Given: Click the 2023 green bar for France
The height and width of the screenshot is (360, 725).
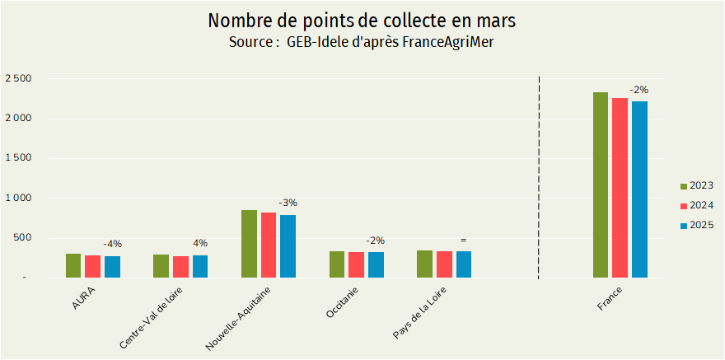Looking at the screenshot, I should point(601,185).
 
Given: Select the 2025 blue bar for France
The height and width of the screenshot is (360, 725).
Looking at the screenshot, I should point(639,189).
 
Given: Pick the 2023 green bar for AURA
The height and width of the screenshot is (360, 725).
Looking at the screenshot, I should point(73,265).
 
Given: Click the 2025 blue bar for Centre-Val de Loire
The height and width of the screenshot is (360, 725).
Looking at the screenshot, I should point(200,266).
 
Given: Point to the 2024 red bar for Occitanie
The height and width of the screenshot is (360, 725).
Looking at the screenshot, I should point(356,264).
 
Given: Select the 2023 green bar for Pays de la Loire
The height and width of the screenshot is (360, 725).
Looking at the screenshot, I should point(424,264).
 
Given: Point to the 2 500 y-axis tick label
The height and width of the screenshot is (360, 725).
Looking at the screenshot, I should point(17,79).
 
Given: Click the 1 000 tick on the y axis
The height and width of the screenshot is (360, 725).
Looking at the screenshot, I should point(17,199).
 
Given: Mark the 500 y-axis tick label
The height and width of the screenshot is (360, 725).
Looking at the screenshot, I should point(21,238).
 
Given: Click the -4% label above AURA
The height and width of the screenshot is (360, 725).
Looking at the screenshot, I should point(112,244).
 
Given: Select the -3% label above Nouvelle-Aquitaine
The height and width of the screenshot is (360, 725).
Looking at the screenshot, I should point(288,203).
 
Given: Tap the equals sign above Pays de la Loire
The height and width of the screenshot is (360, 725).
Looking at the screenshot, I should point(463,240).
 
